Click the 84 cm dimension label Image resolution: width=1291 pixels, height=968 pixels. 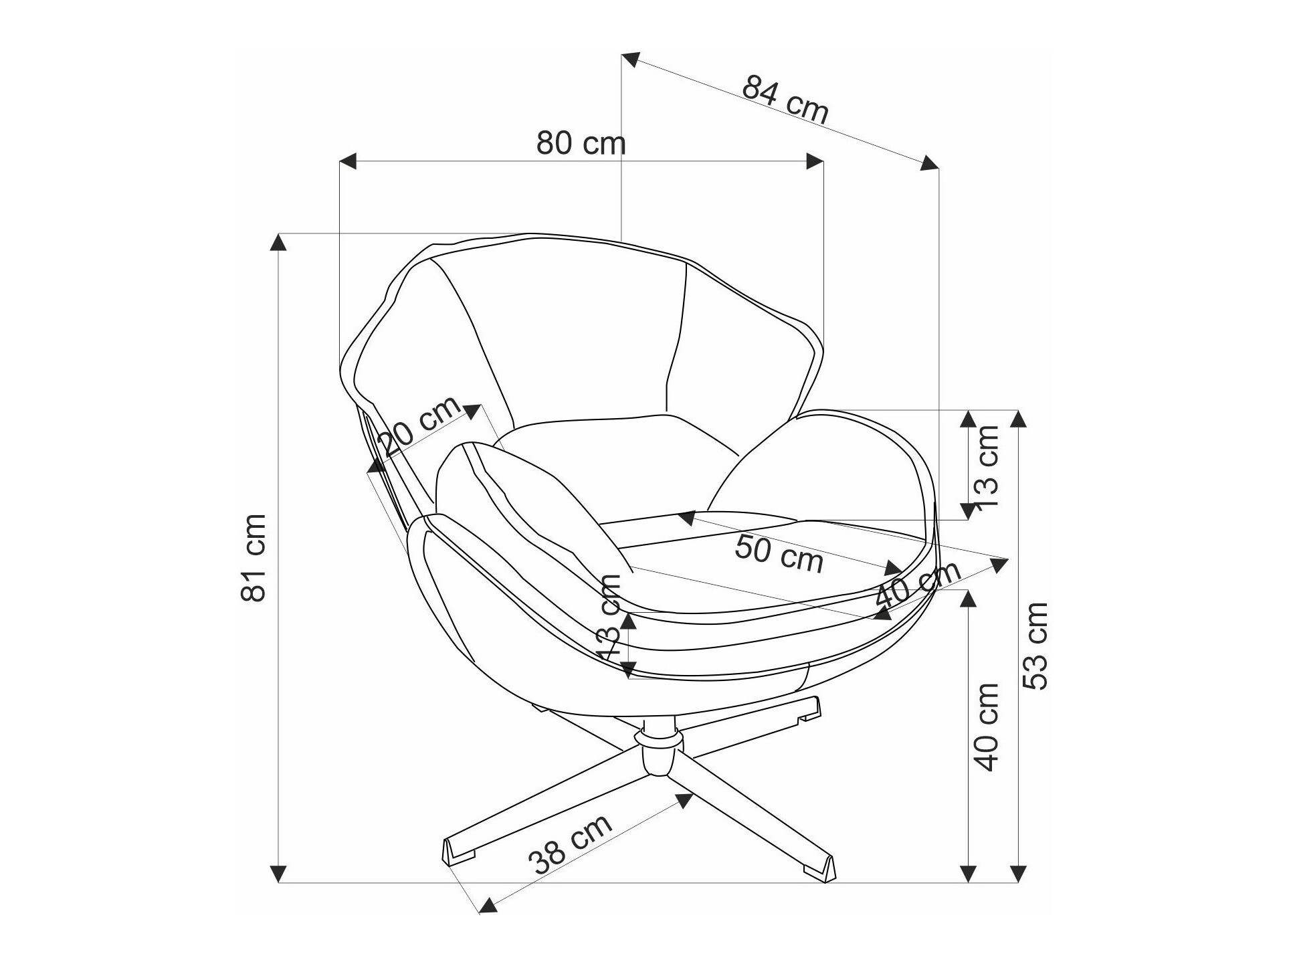tap(785, 100)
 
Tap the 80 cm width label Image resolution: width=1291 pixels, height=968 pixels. tap(581, 143)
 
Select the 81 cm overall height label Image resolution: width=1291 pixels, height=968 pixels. tap(254, 558)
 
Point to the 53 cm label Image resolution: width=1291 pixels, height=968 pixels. tap(1035, 645)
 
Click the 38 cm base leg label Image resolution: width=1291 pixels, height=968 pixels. tap(570, 844)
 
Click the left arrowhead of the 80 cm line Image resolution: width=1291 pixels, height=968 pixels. tap(348, 161)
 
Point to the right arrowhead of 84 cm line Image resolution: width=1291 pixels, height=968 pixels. tap(929, 163)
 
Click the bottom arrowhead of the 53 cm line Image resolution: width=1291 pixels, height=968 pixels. tap(1017, 874)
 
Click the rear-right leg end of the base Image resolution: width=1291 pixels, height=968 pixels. tap(806, 712)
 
